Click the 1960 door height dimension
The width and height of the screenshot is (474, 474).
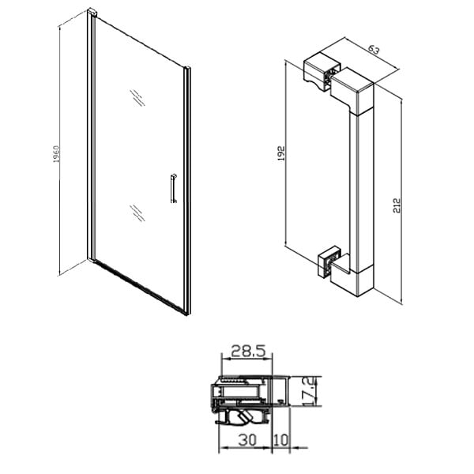click(x=57, y=154)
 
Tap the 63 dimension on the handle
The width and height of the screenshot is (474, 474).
click(x=374, y=49)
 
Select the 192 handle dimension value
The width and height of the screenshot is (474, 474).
click(x=281, y=153)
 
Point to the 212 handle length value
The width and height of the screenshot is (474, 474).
click(x=397, y=205)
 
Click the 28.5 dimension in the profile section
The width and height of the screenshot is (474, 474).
click(x=248, y=352)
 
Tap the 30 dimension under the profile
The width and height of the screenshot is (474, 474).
click(x=247, y=440)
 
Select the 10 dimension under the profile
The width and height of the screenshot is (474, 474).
click(x=281, y=440)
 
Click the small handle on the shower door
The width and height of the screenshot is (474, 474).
click(x=173, y=188)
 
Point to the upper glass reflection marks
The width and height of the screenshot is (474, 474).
click(x=137, y=98)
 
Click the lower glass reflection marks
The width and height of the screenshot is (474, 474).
click(x=137, y=213)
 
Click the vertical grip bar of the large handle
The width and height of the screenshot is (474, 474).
click(x=362, y=190)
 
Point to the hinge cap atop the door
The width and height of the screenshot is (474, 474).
click(x=92, y=13)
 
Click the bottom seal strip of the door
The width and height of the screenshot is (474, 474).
click(x=140, y=287)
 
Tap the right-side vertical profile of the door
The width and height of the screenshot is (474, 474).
click(x=187, y=190)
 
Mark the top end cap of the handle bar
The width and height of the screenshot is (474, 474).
click(x=352, y=91)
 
